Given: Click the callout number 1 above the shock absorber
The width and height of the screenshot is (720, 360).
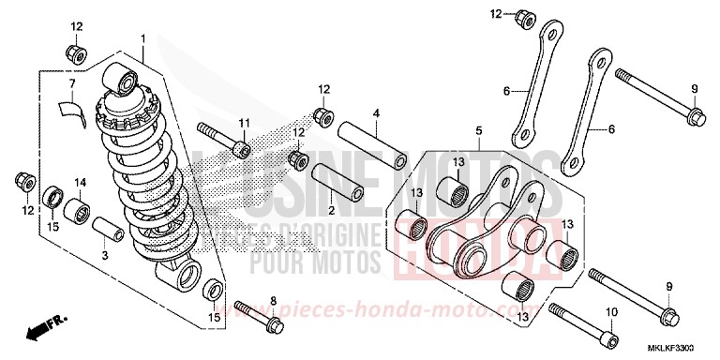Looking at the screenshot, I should point(142,38).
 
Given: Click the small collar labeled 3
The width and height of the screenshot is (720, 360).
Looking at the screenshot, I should point(106,232).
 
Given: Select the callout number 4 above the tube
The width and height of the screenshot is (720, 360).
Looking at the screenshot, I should point(375,114).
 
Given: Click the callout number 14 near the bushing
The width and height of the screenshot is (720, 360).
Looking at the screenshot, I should point(80,182).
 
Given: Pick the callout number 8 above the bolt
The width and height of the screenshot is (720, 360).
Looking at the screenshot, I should point(273,301).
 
